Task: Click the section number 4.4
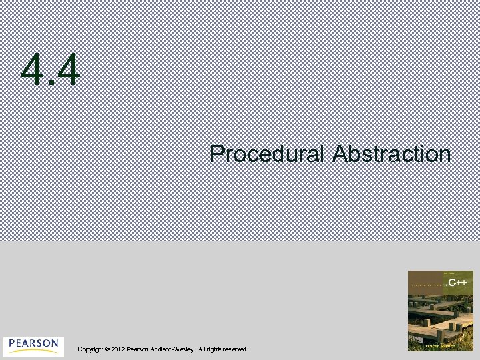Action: click(51, 71)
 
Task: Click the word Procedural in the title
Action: click(267, 155)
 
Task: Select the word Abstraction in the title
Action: click(391, 155)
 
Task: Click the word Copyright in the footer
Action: click(91, 349)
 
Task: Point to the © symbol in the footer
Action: click(107, 349)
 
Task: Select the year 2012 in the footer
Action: click(118, 349)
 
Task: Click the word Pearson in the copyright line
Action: click(138, 349)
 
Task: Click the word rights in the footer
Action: click(215, 349)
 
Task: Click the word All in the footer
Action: click(201, 349)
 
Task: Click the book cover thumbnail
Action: click(440, 311)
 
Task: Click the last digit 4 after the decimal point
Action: click(68, 71)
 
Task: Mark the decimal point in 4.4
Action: click(50, 85)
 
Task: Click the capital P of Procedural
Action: click(216, 155)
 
